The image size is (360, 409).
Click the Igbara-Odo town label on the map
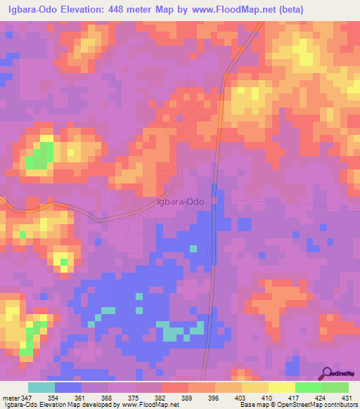tap(181, 202)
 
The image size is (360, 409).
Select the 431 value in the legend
tap(346, 398)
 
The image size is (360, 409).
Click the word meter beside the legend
tap(12, 398)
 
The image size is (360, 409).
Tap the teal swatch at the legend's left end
tap(41, 387)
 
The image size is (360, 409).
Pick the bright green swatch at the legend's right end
tap(335, 387)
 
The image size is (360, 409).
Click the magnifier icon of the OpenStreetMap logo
tap(328, 372)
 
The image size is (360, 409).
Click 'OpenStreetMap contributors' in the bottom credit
tap(316, 405)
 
